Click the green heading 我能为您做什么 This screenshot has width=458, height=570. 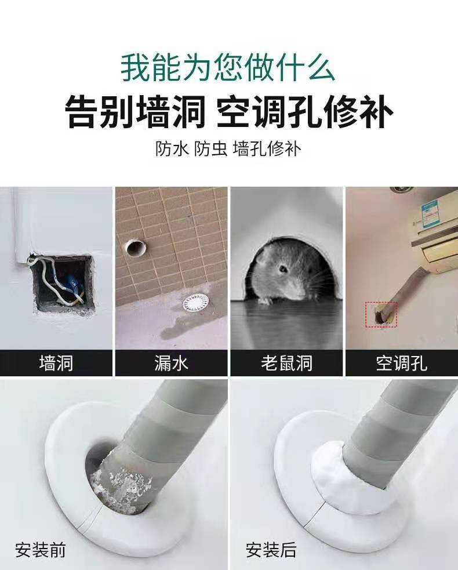pos(228,67)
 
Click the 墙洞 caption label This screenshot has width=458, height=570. pos(56,364)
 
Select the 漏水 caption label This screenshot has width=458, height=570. pos(171,364)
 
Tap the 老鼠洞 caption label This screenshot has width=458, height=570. pos(286,364)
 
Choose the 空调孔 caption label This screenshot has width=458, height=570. pos(401,364)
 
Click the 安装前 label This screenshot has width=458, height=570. pos(41,549)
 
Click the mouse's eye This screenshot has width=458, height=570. pos(283,268)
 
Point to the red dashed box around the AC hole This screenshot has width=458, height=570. pos(382,315)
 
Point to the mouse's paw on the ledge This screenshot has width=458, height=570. pos(264,300)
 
